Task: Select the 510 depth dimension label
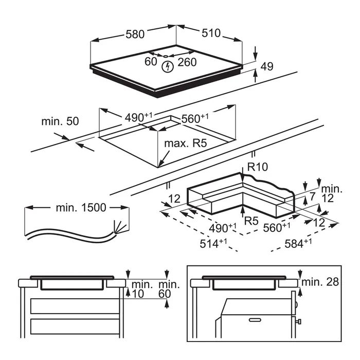click(210, 33)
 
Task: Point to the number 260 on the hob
click(187, 62)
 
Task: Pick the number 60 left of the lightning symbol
click(150, 62)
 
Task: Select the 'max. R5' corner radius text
click(185, 143)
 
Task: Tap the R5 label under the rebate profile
click(251, 222)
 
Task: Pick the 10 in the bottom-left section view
click(137, 294)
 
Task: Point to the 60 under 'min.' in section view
click(165, 294)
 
